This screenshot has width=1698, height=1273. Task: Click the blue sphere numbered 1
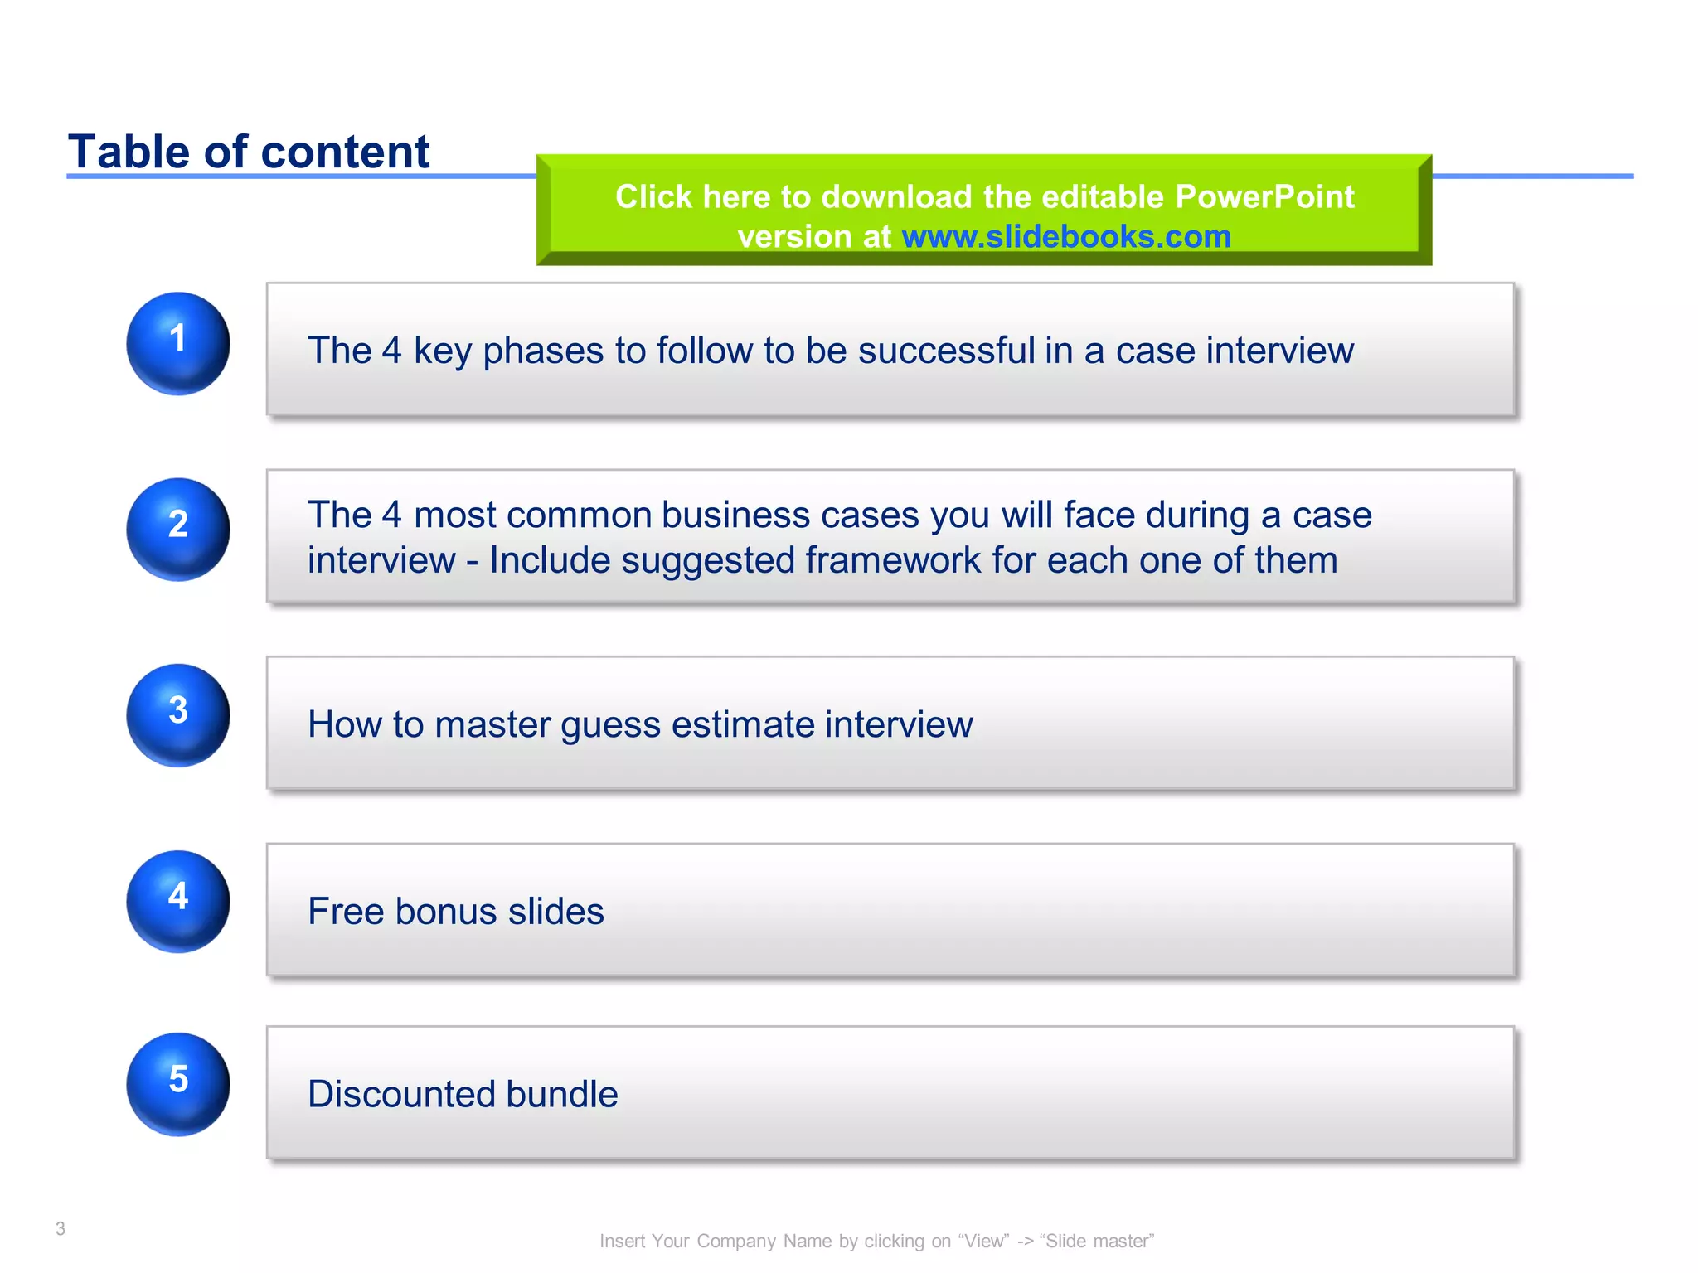(x=177, y=343)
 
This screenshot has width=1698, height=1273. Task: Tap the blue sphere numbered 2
(x=177, y=529)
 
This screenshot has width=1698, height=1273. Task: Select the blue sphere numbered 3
(x=177, y=714)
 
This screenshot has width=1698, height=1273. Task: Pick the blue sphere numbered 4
(x=177, y=901)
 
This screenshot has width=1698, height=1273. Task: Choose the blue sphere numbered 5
(x=177, y=1083)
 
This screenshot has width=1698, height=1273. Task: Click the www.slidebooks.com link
(x=1066, y=237)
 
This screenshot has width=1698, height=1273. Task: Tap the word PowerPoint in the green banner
(x=1264, y=197)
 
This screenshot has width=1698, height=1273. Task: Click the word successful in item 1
(x=946, y=351)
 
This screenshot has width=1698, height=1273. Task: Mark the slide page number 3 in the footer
(x=61, y=1228)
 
